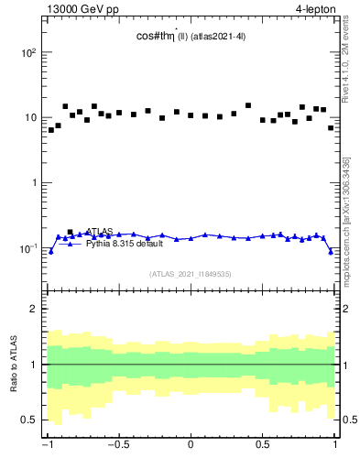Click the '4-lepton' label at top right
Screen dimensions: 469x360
[316, 10]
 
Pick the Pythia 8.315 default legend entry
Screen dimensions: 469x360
[121, 245]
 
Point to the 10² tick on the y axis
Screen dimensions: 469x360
[29, 53]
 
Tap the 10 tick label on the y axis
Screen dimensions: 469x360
[32, 118]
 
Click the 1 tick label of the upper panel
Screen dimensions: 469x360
[35, 183]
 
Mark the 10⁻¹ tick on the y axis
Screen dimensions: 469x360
[29, 248]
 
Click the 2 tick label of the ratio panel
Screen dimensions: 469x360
[35, 309]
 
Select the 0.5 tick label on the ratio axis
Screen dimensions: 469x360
[30, 420]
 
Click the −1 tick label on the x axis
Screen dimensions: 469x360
[48, 447]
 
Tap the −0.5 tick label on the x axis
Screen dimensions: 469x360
[118, 447]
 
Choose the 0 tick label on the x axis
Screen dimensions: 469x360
[191, 447]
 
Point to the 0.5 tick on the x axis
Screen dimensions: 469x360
[262, 447]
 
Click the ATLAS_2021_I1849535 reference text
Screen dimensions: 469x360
[191, 274]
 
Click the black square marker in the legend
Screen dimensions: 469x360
[71, 233]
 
